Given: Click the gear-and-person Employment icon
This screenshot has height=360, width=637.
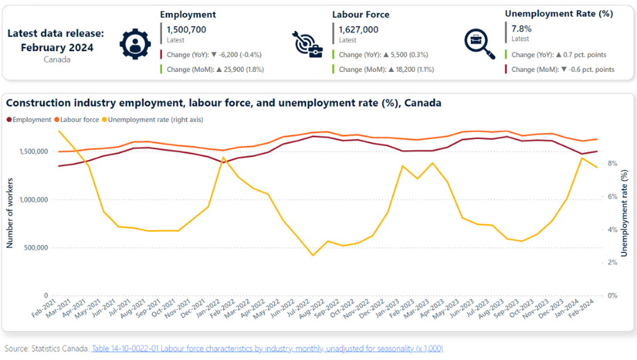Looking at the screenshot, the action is [135, 44].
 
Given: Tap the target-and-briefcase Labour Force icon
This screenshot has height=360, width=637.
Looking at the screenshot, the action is [307, 44].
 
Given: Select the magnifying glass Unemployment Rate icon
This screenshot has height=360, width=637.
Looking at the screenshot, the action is [480, 44].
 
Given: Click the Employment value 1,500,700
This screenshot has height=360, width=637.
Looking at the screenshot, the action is [186, 30].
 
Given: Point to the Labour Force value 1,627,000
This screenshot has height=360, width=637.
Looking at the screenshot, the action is [359, 30].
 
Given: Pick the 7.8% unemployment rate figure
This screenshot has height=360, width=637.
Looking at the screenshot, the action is [521, 29].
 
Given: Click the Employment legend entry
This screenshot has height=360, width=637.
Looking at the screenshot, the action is [29, 120].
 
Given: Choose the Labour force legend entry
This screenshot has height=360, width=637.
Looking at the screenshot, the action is [77, 120].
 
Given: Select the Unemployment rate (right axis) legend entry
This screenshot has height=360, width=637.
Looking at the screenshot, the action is [152, 120].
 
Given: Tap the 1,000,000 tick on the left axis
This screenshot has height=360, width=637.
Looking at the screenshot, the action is [33, 199].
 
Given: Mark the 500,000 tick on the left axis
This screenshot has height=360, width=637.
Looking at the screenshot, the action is [36, 247].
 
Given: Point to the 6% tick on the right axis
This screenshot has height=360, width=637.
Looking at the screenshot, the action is [612, 196].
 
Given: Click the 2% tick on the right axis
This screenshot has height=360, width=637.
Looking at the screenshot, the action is [612, 262].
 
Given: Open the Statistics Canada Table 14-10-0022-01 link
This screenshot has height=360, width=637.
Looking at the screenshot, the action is [267, 349].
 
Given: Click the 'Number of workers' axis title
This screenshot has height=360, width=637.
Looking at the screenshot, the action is [10, 213].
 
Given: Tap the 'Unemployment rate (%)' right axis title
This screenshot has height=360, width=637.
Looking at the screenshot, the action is [625, 213].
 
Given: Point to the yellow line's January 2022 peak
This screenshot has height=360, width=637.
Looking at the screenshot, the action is [223, 158].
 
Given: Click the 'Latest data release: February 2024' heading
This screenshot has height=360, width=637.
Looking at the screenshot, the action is [56, 40].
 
